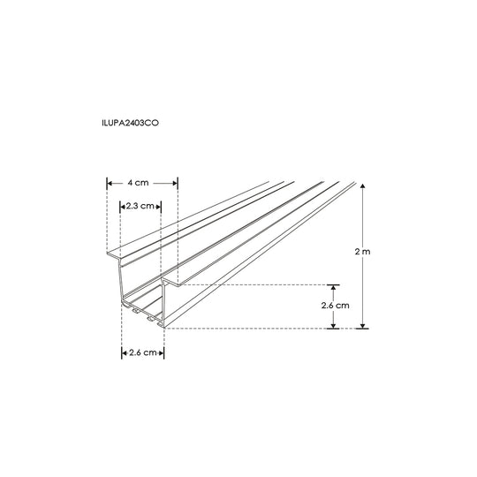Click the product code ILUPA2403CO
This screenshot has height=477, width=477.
click(131, 123)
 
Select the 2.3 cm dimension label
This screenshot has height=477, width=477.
click(140, 206)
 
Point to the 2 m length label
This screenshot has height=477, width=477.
click(363, 252)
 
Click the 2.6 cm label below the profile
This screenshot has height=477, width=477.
click(143, 352)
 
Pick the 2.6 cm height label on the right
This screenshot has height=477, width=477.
click(336, 305)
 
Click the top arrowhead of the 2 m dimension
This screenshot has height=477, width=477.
click(363, 186)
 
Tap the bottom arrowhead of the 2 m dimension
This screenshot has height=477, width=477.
click(363, 325)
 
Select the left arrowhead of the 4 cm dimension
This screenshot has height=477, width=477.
click(110, 183)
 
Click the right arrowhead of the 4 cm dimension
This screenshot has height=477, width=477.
click(175, 183)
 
